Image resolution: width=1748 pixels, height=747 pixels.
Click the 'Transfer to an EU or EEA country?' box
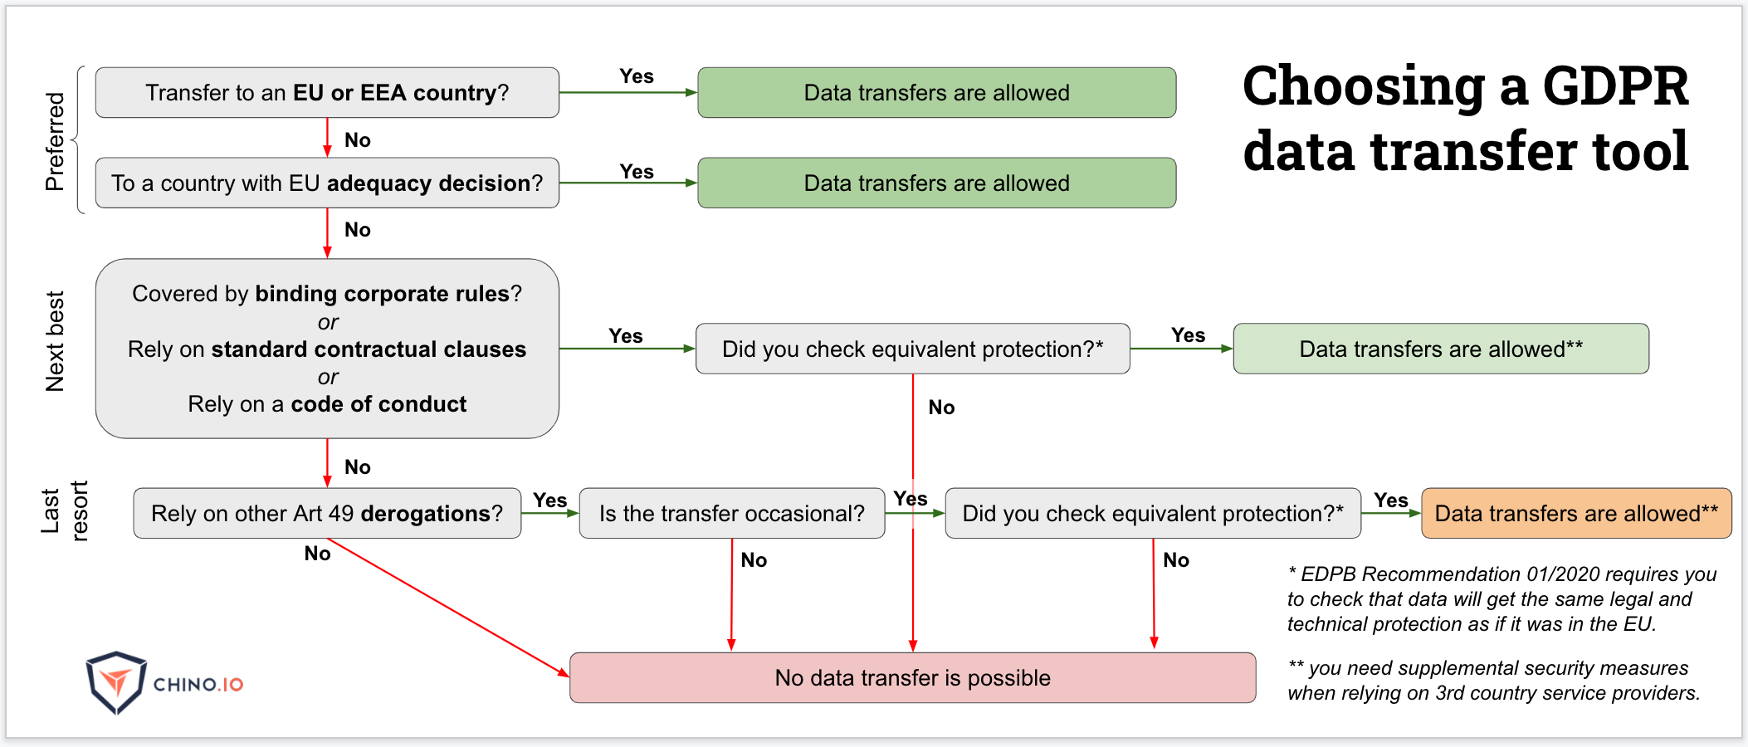tap(327, 92)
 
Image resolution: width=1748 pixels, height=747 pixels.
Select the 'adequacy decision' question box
tap(327, 183)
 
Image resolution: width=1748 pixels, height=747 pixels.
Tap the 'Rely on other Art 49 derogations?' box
tap(327, 513)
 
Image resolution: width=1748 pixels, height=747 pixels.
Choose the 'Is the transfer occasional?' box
tap(731, 513)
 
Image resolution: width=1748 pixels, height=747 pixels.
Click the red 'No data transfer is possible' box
tap(912, 677)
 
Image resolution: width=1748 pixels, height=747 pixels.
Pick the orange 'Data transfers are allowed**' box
tap(1576, 513)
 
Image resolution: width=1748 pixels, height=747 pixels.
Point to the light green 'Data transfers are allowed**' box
tap(1441, 349)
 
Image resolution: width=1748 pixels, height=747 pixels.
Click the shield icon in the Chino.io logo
tap(116, 682)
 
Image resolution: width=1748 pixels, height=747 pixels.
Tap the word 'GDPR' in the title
tap(1614, 86)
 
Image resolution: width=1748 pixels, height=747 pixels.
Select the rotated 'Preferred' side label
tap(55, 141)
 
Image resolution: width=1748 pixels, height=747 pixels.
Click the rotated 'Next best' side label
tap(55, 341)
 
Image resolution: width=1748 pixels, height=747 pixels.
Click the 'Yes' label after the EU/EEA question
tap(637, 76)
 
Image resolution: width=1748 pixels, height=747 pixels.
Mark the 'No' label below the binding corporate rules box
tap(358, 467)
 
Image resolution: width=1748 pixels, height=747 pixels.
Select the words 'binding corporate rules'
tap(383, 294)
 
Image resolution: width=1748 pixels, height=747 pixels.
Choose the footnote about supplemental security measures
tap(1494, 681)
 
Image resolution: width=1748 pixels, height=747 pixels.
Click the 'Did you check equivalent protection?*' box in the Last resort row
tap(1152, 513)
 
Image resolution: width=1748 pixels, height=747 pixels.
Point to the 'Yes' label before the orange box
tap(1391, 500)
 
